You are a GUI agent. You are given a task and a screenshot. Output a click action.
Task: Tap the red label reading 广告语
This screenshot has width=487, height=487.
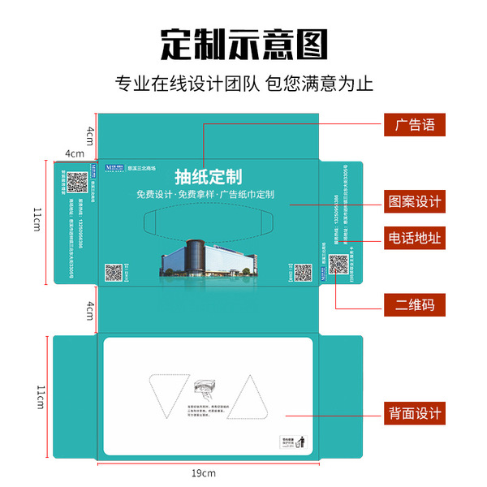pos(415,126)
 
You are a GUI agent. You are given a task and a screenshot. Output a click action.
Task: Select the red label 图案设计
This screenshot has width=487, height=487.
pos(415,201)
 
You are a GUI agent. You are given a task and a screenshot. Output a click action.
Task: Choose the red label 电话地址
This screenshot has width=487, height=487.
pos(415,238)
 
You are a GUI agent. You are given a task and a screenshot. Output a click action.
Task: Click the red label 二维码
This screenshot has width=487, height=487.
pos(415,305)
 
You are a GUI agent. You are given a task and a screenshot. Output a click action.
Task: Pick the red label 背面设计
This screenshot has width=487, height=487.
pos(415,414)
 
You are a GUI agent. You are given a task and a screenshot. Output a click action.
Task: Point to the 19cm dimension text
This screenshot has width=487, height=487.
pos(204,472)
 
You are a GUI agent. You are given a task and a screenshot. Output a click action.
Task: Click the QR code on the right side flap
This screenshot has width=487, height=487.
pos(338,265)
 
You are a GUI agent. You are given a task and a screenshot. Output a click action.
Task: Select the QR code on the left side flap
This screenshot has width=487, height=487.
pos(76,183)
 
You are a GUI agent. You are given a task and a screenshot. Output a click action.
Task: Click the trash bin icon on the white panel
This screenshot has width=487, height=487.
pos(301,443)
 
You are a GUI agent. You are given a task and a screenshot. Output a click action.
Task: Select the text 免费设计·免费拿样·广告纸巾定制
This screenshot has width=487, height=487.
pos(205,195)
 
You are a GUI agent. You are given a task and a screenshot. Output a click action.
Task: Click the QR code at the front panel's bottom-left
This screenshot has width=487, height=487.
pos(114,271)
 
